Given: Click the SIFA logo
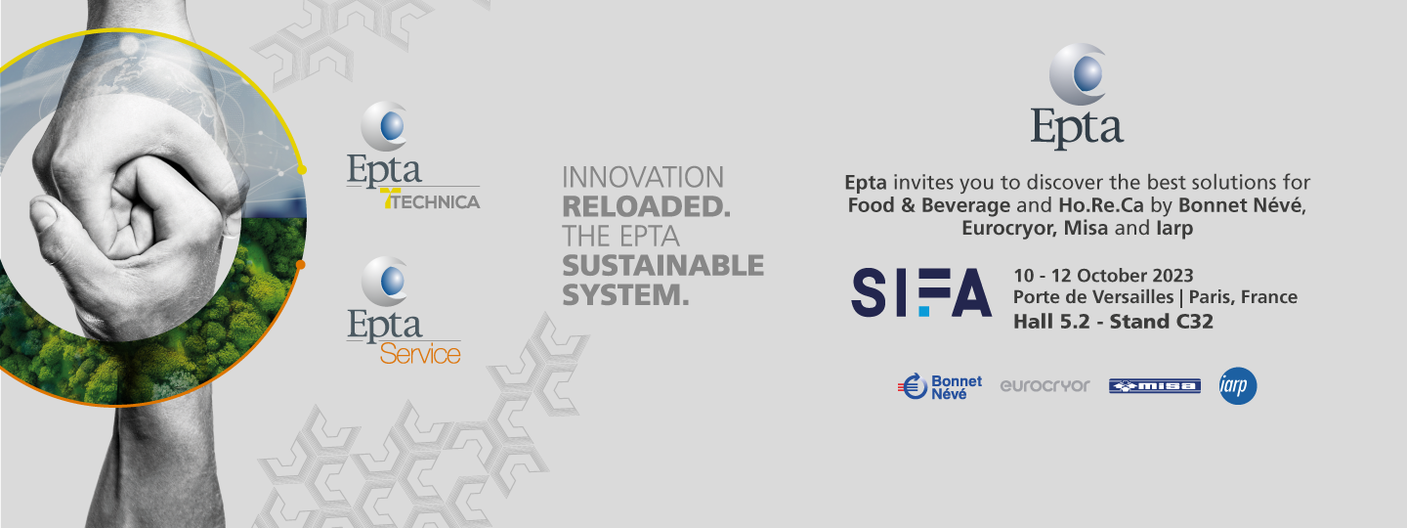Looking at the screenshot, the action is click(921, 292).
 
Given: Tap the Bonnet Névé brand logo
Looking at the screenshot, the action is click(940, 386).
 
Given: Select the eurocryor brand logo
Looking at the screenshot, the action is click(1045, 385).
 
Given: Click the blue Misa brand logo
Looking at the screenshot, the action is click(1155, 386).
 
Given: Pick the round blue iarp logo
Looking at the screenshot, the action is click(1237, 386).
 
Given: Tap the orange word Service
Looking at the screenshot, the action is click(420, 354).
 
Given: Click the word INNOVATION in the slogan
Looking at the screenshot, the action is click(643, 177).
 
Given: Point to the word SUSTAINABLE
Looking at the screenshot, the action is click(662, 266).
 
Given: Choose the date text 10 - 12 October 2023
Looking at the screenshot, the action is click(1103, 276).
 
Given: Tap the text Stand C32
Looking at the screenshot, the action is click(1162, 321).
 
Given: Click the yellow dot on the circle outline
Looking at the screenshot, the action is click(302, 170).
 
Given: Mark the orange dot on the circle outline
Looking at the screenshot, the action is click(300, 265).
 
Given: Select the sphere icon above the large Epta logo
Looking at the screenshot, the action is click(1078, 74).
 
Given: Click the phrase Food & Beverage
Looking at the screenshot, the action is click(928, 205).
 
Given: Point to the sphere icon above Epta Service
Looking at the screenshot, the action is click(385, 281).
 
